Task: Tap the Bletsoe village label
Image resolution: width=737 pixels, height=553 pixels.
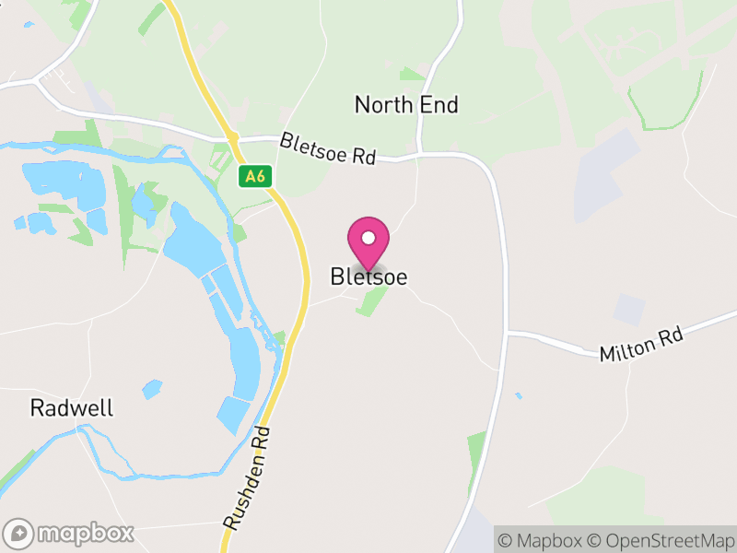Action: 368,276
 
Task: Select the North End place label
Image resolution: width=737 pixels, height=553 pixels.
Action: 406,105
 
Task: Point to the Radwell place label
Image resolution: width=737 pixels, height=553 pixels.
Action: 72,408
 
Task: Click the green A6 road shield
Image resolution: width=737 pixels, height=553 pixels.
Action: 254,176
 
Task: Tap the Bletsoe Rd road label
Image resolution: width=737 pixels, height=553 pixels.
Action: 328,148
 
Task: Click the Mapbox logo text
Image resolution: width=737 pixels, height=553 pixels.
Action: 87,533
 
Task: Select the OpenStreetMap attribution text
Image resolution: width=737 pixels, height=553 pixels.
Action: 661,540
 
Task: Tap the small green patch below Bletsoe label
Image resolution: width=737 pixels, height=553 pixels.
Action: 372,300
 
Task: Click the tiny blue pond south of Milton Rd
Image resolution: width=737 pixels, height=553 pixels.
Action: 519,396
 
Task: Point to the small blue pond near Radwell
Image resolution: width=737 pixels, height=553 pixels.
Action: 152,389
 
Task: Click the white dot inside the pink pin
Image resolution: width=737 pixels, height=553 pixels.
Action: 368,238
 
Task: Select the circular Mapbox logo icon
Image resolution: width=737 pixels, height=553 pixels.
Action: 19,533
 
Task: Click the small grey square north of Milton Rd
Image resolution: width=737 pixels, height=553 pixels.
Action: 630,309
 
